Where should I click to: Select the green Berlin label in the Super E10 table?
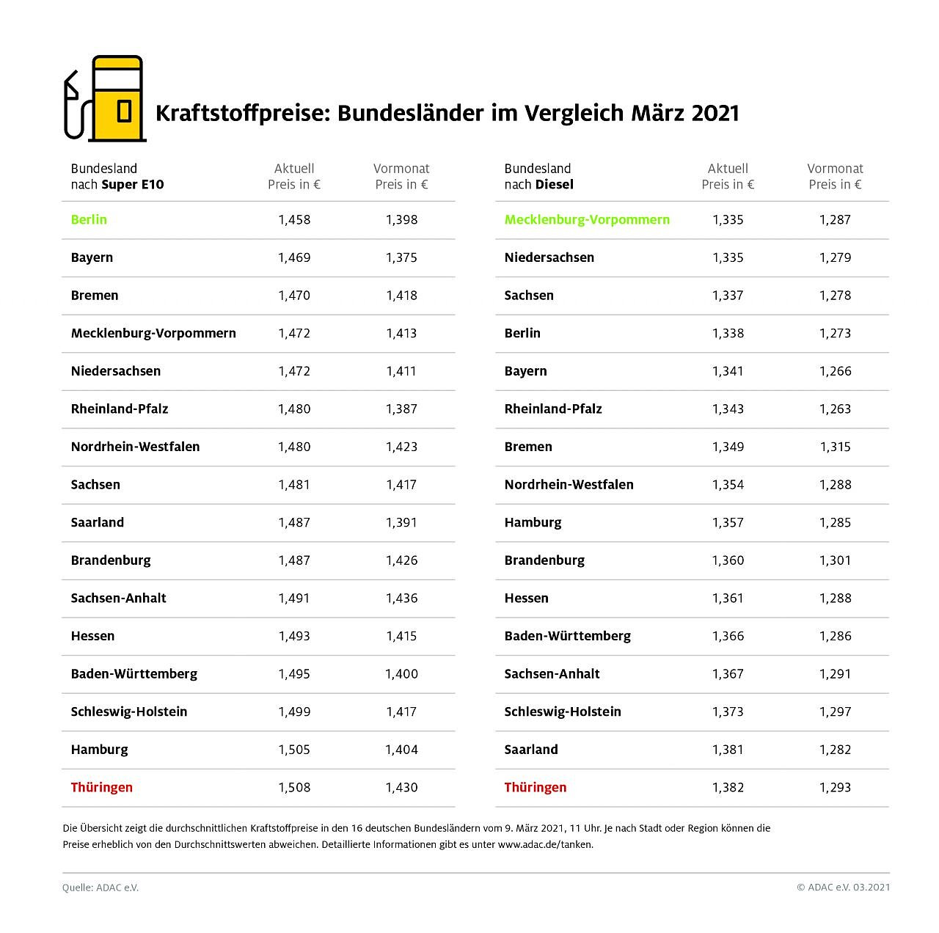[x=89, y=219]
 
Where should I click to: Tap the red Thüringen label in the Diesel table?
[x=536, y=787]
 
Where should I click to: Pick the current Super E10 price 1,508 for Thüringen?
[x=294, y=787]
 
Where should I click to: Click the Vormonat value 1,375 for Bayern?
[x=401, y=257]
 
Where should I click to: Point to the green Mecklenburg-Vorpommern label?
[x=587, y=219]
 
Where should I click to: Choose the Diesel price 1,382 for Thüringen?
[x=728, y=787]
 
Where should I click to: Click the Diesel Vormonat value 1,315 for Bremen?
[x=835, y=447]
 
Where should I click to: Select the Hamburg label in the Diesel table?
[x=533, y=522]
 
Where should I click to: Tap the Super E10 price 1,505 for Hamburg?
[x=294, y=750]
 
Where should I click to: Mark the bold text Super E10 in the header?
[x=133, y=185]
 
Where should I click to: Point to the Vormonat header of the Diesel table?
[x=835, y=169]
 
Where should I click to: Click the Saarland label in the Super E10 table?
[x=98, y=522]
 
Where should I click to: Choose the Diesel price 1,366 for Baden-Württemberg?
[x=728, y=636]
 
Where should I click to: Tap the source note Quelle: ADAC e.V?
[x=101, y=888]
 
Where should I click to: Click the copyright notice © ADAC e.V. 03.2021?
[x=843, y=888]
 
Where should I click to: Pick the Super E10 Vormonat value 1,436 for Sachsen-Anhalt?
[x=401, y=598]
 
